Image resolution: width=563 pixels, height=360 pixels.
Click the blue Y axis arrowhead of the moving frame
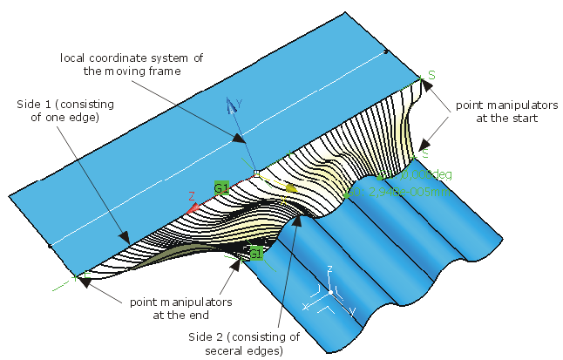(231, 105)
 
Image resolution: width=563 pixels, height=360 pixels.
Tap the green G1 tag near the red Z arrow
(220, 187)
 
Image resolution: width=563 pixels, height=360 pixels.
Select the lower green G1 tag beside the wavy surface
(256, 253)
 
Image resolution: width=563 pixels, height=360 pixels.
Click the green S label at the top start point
(431, 77)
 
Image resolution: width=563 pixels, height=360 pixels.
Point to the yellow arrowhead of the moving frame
(292, 187)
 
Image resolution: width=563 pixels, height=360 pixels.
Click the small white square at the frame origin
(256, 174)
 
